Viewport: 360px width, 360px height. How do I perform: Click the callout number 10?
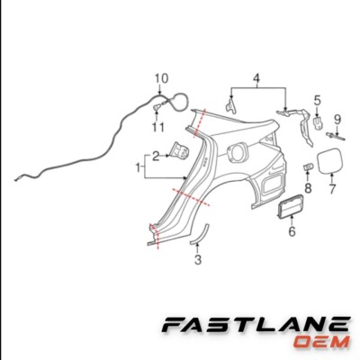[x=161, y=78]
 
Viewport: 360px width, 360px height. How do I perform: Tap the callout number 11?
[x=158, y=127]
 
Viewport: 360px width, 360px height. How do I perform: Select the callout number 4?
[x=256, y=78]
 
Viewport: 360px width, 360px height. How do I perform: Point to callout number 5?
[x=318, y=101]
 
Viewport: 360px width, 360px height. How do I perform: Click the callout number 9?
[x=337, y=120]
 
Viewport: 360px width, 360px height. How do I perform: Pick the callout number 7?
[x=332, y=189]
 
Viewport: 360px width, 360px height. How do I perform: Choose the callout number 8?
[x=308, y=188]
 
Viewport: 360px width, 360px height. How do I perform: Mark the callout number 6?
[x=292, y=231]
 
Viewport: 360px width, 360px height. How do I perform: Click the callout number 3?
[x=198, y=259]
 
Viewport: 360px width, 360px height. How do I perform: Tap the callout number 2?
[x=156, y=157]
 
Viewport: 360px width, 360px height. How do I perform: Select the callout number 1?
[x=139, y=167]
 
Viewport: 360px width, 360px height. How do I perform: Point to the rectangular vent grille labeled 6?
[x=291, y=207]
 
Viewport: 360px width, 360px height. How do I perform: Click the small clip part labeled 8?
[x=308, y=166]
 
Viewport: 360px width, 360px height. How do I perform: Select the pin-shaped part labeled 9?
[x=336, y=136]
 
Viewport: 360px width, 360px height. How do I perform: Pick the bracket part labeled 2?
[x=179, y=150]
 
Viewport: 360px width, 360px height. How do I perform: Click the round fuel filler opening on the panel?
[x=238, y=153]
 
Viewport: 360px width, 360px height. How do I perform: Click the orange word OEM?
[x=321, y=342]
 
